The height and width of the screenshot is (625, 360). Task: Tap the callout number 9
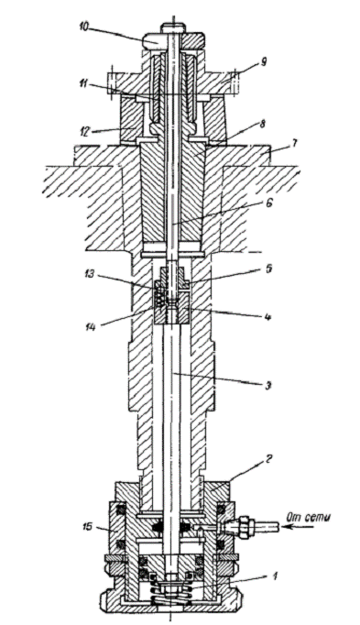tap(263, 62)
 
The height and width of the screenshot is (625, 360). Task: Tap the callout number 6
tap(270, 203)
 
